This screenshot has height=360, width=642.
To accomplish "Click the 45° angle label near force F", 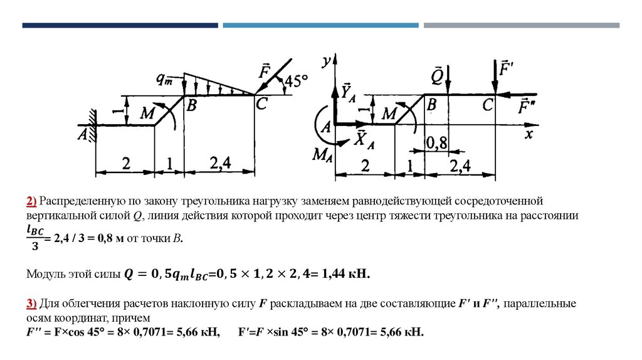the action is coord(297,82).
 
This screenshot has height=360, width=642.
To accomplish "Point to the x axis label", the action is coord(529,134).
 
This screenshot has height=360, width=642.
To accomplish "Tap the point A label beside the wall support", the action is coord(82,134).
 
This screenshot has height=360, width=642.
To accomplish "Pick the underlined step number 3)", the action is coord(31,304).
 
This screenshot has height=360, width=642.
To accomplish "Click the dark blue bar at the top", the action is coord(120,26).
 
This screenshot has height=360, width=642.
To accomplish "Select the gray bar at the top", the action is coord(521,26).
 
